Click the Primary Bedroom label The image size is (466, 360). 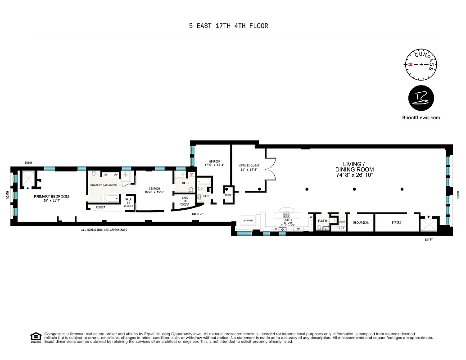[51, 196]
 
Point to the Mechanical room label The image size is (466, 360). [361, 222]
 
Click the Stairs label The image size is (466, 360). [396, 222]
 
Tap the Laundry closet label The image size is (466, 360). [342, 221]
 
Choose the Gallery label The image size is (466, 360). [197, 214]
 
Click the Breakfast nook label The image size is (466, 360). [248, 220]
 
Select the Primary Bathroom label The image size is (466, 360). [104, 185]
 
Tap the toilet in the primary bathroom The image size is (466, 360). [94, 174]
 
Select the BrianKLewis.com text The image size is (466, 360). [421, 117]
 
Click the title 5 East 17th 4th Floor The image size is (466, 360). [228, 26]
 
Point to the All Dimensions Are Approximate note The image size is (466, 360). [104, 229]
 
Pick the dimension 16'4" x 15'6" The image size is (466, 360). [154, 192]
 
